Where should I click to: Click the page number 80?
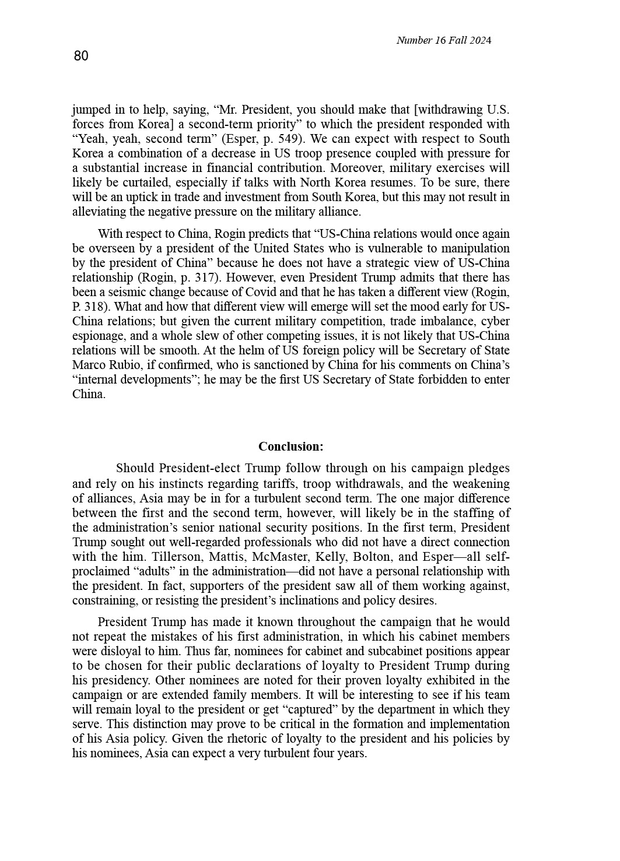[81, 56]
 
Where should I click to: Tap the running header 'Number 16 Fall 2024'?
[443, 40]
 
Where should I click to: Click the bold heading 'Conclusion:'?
[290, 447]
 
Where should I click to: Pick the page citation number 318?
[96, 307]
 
